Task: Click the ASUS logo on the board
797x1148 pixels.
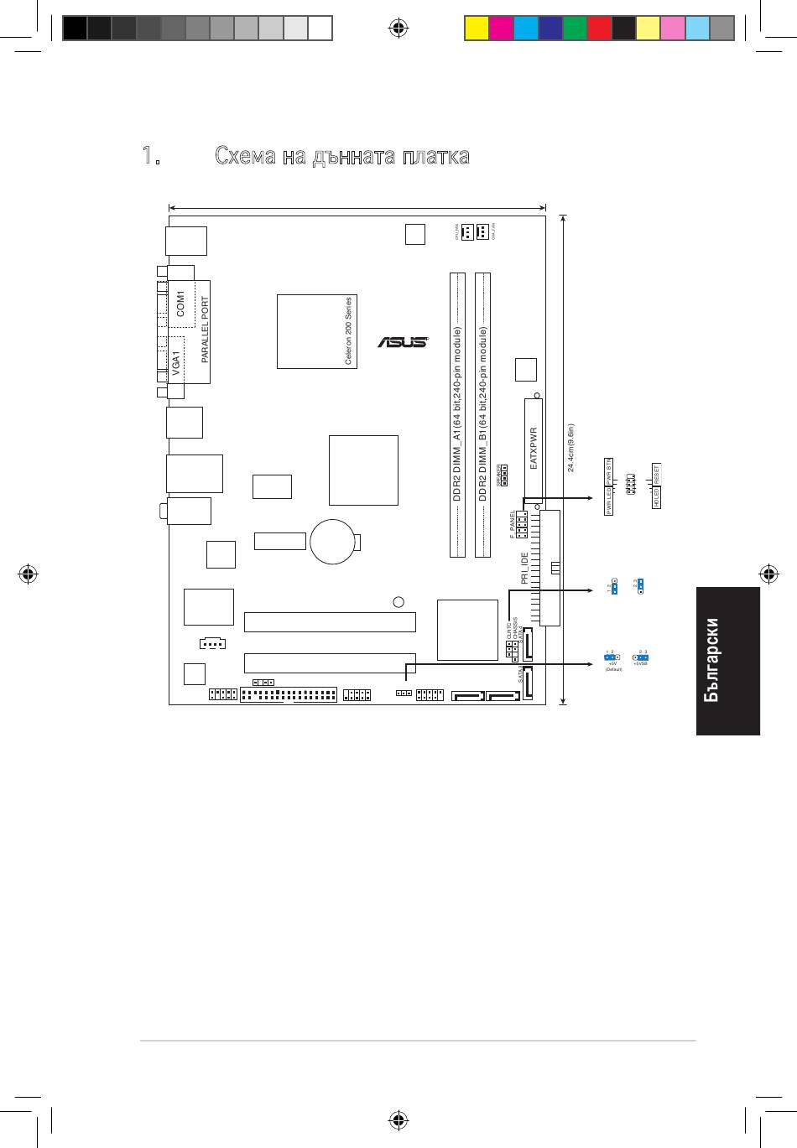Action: click(x=402, y=342)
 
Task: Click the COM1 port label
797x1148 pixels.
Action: click(x=181, y=304)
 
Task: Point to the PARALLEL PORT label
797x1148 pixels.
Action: click(x=205, y=330)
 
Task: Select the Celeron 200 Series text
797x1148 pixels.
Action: click(x=349, y=331)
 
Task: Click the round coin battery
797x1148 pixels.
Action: click(x=334, y=542)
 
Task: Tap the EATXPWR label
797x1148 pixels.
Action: click(x=534, y=448)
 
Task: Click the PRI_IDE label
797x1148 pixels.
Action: click(x=525, y=568)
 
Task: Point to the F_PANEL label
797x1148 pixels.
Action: click(x=513, y=524)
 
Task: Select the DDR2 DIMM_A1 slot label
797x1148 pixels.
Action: click(x=457, y=415)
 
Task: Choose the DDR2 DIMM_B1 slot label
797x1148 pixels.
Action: click(x=483, y=415)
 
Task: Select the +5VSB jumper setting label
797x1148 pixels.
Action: click(x=640, y=662)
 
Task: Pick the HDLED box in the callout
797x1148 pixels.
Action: click(x=657, y=498)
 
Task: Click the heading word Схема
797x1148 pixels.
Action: click(x=244, y=156)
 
